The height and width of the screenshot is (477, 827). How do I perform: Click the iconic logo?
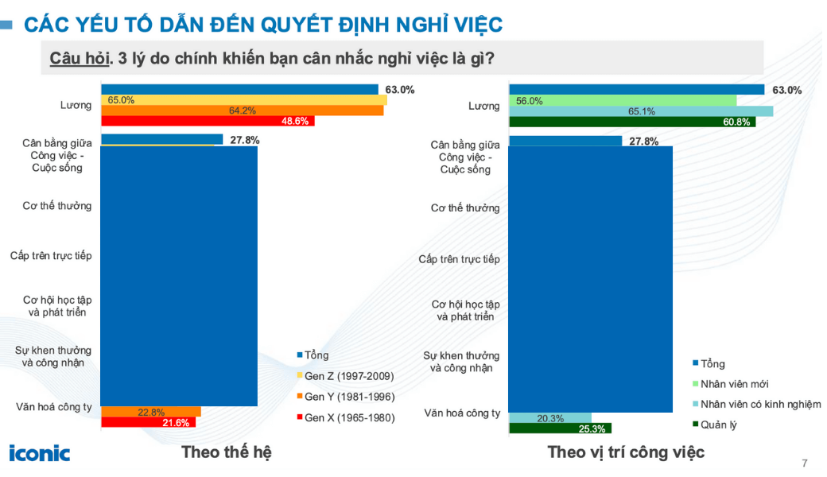coord(40,453)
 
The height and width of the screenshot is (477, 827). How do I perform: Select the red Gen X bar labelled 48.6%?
coord(208,121)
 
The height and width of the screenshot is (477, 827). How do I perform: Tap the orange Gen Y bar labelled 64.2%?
coord(243,111)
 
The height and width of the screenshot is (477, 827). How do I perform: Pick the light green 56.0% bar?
coord(622,101)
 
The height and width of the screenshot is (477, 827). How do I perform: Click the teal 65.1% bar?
coord(640,111)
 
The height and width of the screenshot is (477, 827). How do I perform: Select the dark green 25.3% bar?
coord(560,429)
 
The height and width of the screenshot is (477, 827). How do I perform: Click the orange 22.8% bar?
coord(151,412)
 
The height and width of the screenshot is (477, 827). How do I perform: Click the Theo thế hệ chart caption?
coord(227,452)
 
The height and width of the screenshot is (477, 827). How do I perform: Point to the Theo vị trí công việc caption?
coord(626,452)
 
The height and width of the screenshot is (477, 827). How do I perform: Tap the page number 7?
coord(804,463)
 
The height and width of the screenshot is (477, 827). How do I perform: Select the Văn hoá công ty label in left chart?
coord(54,407)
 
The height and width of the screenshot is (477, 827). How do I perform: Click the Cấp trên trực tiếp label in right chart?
coord(459,259)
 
